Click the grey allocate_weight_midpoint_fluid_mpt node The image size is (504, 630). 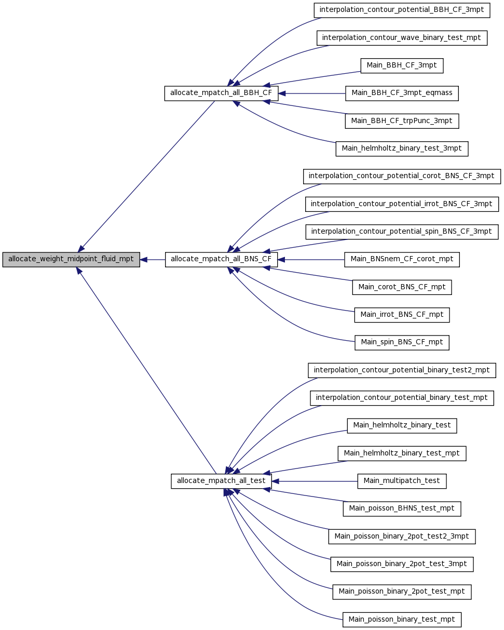(71, 259)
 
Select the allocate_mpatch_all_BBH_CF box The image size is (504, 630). (221, 93)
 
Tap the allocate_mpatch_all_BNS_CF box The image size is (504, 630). (221, 259)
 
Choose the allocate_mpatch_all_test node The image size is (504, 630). (221, 481)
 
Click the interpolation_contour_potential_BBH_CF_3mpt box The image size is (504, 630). (402, 10)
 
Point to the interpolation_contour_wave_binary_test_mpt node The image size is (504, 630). (402, 38)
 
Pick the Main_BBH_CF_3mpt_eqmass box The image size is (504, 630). (402, 93)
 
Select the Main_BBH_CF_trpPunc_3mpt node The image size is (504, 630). (402, 121)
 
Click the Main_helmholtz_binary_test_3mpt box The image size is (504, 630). (402, 149)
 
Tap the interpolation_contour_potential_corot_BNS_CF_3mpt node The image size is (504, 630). (402, 177)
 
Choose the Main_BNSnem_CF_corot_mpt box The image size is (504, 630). (402, 259)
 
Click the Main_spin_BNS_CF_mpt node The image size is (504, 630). (402, 342)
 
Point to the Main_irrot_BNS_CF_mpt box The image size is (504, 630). (402, 315)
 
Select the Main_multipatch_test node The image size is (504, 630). (402, 481)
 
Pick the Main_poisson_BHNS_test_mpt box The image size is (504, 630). (402, 509)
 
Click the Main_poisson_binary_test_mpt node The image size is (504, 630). (402, 620)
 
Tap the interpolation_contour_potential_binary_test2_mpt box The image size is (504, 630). (402, 370)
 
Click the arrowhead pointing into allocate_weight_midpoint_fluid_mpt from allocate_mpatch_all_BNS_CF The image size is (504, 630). (143, 260)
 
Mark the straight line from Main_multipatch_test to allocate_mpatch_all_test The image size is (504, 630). (315, 481)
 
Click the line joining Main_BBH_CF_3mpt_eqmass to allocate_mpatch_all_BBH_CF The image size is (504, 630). (312, 93)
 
